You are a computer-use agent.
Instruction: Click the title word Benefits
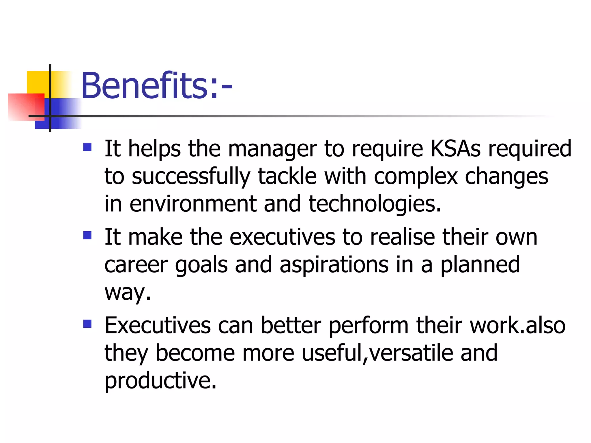point(144,86)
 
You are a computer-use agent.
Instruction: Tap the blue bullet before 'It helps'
point(87,147)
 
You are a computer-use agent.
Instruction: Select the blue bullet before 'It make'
point(87,236)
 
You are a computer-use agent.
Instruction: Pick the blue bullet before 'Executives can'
point(87,324)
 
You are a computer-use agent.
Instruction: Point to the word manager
point(272,149)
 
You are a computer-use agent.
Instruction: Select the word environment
point(193,204)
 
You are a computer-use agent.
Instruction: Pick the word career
point(136,265)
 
